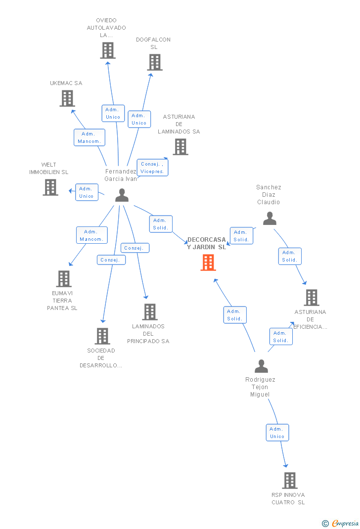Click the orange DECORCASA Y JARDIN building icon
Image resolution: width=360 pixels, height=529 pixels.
(208, 263)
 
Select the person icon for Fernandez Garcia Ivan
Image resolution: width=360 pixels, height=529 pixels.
(122, 195)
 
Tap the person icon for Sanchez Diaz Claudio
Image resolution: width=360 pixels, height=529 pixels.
(270, 219)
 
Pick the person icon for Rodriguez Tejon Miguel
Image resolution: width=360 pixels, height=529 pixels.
(261, 366)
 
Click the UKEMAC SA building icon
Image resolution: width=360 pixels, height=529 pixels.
(67, 98)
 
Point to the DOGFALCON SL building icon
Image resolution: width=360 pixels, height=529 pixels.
(155, 62)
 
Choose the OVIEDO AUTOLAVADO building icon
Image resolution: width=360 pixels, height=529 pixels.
(108, 50)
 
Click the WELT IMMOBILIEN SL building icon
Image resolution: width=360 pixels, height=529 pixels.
(50, 187)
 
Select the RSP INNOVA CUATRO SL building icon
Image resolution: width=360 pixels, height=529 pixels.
(290, 481)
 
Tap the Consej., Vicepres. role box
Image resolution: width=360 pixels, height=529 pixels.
(152, 168)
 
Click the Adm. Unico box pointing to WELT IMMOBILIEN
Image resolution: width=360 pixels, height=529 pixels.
(87, 192)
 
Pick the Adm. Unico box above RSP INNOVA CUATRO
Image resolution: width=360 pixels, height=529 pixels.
(277, 433)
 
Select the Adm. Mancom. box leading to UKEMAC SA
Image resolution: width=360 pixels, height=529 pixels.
(90, 137)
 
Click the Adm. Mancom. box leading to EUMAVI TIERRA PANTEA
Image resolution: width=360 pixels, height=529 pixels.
(92, 235)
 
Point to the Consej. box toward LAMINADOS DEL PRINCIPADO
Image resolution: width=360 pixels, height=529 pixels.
(135, 248)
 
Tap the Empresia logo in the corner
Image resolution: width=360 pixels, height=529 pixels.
(340, 523)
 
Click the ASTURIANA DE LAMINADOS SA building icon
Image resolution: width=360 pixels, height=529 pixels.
(180, 147)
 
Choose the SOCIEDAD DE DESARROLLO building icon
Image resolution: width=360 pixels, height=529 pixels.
(102, 336)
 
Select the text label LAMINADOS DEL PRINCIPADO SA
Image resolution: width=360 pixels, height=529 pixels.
(148, 334)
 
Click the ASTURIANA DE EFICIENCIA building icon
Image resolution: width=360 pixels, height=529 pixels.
(312, 298)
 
